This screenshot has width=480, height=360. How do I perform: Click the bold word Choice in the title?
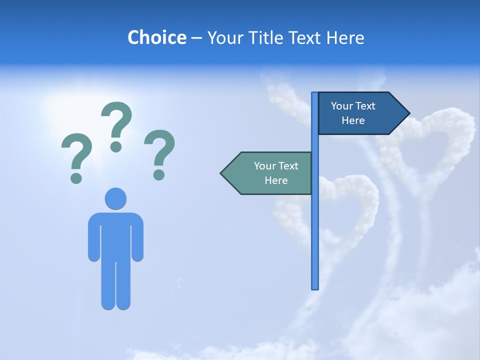point(156,37)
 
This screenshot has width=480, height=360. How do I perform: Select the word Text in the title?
point(307,37)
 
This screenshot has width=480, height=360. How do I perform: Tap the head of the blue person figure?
point(115,198)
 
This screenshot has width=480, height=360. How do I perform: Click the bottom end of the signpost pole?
point(315,287)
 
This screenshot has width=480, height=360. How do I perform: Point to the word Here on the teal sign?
point(276,180)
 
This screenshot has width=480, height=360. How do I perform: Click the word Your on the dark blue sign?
point(341,106)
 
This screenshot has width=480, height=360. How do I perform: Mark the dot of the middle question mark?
point(116,146)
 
